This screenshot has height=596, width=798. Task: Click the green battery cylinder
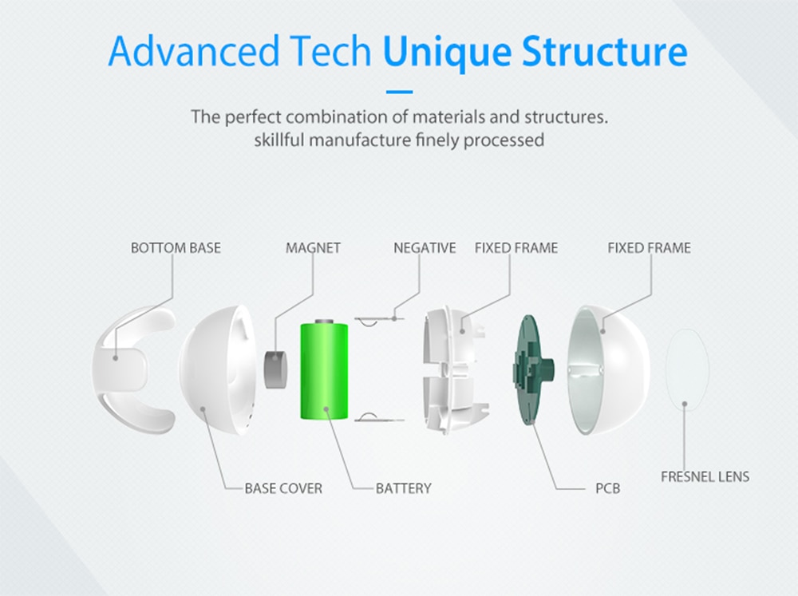[x=324, y=372]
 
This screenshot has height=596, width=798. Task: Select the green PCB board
[x=532, y=369]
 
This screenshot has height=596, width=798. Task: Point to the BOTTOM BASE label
[x=176, y=248]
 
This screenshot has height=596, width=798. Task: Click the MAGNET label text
[x=313, y=248]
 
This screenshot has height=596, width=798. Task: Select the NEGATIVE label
[x=425, y=248]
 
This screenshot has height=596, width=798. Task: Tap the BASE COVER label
[x=283, y=488]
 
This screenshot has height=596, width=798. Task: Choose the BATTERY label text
[x=404, y=488]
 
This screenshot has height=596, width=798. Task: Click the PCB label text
[x=607, y=488]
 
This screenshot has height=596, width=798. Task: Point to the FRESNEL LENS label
[x=705, y=476]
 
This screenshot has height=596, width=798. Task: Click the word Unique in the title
[x=447, y=51]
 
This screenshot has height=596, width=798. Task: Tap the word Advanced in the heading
[x=194, y=51]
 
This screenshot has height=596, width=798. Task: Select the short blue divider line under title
[x=400, y=92]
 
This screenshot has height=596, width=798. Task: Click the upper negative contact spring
[x=379, y=321]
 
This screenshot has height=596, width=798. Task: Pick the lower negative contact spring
[x=379, y=417]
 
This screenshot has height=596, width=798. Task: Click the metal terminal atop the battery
[x=324, y=322]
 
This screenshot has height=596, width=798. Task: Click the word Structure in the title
[x=605, y=51]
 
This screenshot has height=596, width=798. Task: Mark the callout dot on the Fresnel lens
[x=685, y=404]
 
